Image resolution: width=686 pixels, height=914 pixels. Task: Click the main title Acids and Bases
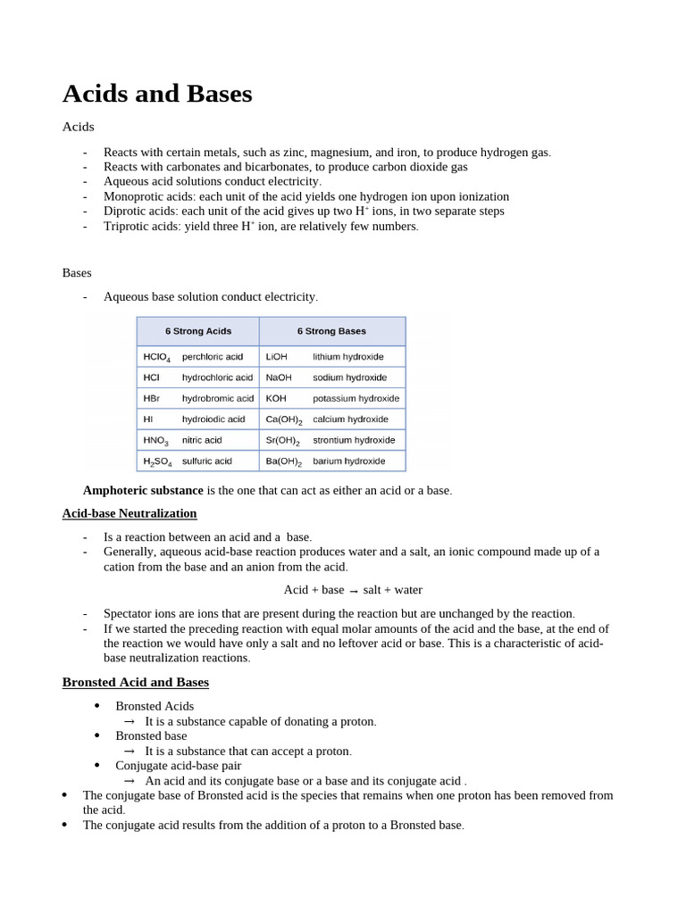coord(157,94)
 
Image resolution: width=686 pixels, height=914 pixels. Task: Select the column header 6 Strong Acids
coord(197,331)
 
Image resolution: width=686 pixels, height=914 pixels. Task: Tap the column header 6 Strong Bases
coord(331,331)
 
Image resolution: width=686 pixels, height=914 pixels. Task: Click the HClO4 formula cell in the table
coord(156,357)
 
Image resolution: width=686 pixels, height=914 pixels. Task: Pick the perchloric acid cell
coord(212,357)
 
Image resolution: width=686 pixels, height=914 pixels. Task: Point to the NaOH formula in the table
coord(279,378)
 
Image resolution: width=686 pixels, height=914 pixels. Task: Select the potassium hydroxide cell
coord(356,398)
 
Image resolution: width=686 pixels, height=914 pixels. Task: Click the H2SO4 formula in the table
coord(157,461)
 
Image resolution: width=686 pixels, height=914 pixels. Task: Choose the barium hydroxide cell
coord(348,461)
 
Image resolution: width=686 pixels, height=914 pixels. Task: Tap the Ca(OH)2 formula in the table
coord(284,420)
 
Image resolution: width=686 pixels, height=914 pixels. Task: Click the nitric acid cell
coord(202,440)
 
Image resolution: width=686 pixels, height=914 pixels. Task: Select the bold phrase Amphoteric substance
coord(143,490)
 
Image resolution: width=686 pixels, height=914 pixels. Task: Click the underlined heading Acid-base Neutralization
coord(130,513)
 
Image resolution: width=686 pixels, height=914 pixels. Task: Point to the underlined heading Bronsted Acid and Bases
coord(135,682)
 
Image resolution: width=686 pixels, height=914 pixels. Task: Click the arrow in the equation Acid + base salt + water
coord(354,591)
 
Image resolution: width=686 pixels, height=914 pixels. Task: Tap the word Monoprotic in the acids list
coord(132,196)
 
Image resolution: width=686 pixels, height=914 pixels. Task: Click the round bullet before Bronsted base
coord(96,735)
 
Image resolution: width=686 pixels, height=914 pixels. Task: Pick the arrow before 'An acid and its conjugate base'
coord(129,781)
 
